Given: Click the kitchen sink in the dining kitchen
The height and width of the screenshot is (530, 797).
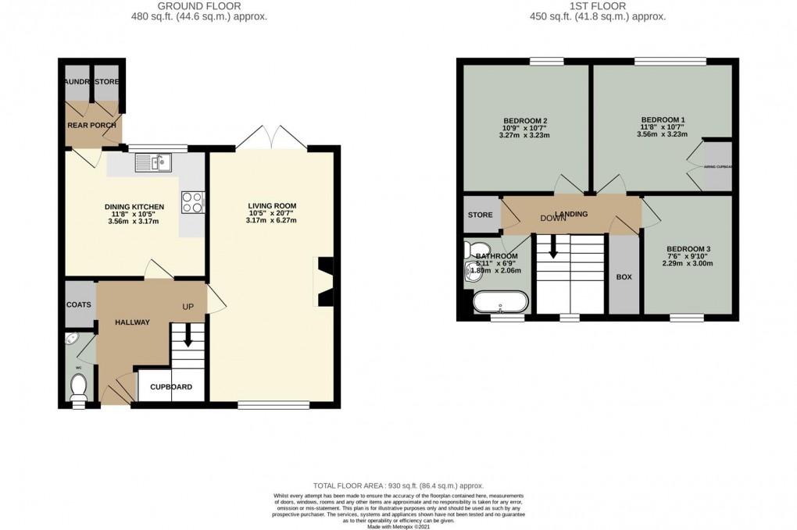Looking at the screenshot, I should coord(153,162).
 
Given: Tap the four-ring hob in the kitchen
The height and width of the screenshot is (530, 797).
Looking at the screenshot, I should coord(192,202).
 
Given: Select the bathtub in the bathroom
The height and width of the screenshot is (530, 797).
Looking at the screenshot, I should coord(500,301).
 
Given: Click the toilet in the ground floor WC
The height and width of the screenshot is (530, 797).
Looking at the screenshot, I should coord(78,385).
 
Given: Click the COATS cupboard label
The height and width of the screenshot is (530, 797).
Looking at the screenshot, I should coord(78,304).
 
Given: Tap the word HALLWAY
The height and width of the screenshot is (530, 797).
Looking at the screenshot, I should coord(132,322).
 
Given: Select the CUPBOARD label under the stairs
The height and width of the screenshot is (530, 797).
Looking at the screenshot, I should coord(172,386).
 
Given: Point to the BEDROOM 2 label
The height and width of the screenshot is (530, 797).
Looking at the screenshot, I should coord(524,120).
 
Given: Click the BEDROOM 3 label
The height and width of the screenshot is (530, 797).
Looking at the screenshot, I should coord(688,249).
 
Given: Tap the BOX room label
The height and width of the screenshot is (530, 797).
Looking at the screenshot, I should coord(624,277).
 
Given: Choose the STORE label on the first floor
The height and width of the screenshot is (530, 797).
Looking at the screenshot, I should coord(480,215).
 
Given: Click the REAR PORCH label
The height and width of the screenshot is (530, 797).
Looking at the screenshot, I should coord(91,126).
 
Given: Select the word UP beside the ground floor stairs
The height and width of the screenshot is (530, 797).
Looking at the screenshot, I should coord(188,306).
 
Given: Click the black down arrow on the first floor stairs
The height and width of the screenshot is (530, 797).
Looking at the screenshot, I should coord(553,250).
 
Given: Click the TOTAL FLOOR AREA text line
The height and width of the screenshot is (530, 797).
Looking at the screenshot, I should coord(398,485).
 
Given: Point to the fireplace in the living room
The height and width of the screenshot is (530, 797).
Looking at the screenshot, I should coord(323,280).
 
